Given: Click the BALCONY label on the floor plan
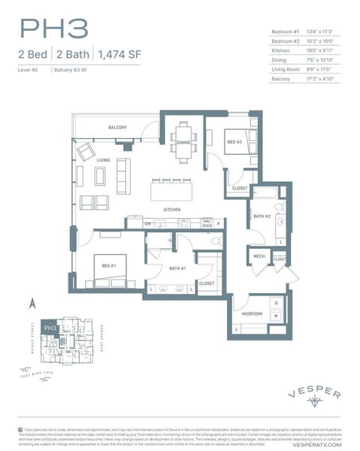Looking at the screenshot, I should [117, 128].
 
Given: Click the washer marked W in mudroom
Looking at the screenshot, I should [276, 316].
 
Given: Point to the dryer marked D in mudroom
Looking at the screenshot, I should [276, 302].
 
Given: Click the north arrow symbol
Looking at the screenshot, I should [32, 304].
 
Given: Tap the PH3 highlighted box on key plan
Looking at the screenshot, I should [50, 328].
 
